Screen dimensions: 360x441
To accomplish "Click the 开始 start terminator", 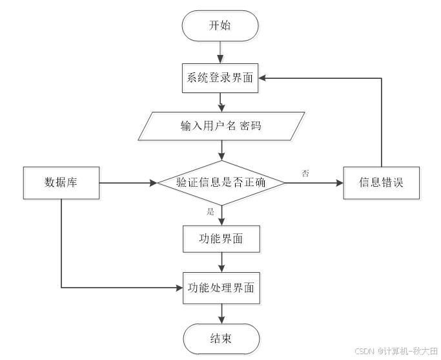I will click(x=222, y=27).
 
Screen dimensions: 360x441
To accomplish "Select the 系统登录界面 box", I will click(x=222, y=80).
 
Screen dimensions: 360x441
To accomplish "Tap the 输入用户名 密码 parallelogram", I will click(x=222, y=127).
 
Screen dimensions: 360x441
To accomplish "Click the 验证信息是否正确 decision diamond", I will click(x=222, y=184).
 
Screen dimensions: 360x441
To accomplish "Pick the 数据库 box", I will click(x=62, y=184).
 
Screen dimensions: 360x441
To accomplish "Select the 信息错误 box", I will click(x=382, y=184).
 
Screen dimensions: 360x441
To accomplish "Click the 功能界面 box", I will click(x=222, y=240).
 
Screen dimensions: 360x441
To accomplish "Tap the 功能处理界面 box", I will click(x=222, y=288).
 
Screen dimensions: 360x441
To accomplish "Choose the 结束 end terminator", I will click(x=222, y=340).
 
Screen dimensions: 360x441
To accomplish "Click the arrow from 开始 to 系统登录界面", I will click(x=222, y=53).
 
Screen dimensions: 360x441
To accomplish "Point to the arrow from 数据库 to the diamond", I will click(x=129, y=184).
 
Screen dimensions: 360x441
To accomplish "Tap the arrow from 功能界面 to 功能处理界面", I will click(x=222, y=263).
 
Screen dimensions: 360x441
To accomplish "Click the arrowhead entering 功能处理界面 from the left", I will click(x=180, y=286).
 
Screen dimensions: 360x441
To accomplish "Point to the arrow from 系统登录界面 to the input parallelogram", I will click(x=222, y=103).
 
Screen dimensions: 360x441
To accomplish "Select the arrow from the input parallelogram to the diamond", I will click(x=222, y=151).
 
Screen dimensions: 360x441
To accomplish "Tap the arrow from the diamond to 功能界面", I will click(x=222, y=217).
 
